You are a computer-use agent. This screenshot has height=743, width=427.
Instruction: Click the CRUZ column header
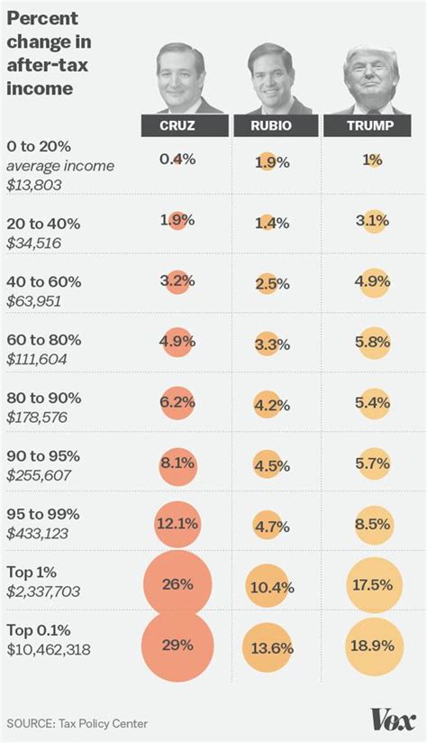point(177,125)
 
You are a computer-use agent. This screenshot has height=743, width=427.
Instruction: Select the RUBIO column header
point(271,125)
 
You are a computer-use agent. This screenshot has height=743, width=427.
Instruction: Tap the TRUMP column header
point(371,125)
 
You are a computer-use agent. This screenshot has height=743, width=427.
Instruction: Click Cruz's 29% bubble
point(177,645)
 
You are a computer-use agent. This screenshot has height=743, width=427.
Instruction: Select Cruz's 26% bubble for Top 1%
point(177,584)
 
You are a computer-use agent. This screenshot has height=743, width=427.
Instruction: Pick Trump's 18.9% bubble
point(371,646)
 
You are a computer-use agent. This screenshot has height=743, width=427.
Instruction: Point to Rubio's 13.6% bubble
point(271,647)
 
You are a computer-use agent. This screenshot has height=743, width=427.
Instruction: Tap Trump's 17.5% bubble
point(371,584)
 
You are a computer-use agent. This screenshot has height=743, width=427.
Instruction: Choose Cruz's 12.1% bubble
point(177,523)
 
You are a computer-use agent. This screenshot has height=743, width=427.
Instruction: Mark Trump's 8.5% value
point(371,523)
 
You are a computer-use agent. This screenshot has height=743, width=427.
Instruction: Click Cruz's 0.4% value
point(177,159)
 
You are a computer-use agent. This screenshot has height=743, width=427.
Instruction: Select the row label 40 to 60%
point(43,281)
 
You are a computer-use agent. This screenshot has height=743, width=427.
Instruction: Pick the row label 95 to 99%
point(43,514)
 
